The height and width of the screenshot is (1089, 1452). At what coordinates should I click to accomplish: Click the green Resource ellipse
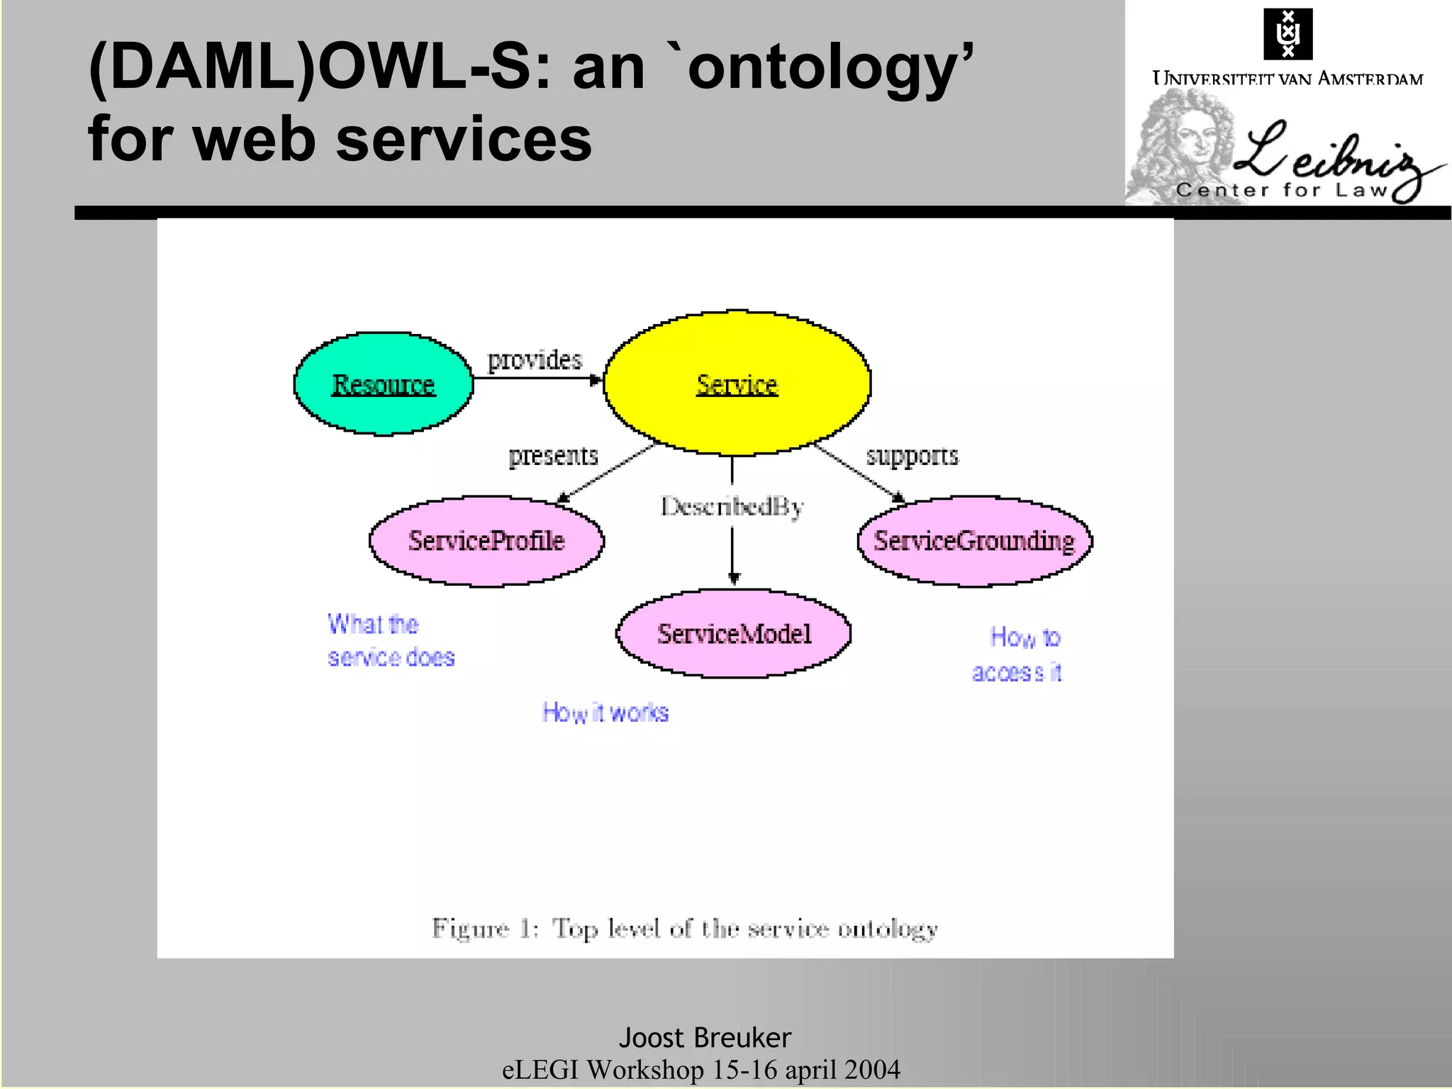point(383,384)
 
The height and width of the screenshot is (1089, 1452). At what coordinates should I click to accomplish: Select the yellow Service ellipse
point(737,384)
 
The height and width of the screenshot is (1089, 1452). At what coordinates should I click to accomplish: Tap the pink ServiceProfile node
point(486,541)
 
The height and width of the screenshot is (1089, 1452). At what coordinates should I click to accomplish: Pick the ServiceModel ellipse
point(734,633)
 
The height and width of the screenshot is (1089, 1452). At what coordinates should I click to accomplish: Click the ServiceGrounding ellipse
point(974,541)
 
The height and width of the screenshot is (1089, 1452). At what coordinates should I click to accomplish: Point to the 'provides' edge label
point(535,360)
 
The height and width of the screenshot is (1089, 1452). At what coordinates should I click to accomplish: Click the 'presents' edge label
point(553,455)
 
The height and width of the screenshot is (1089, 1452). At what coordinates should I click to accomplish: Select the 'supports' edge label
point(912,455)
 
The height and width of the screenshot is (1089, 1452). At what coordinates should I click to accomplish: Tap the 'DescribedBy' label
point(732,506)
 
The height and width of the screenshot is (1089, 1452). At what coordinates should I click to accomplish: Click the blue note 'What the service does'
point(390,640)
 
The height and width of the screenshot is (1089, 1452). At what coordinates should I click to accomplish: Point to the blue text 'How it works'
point(605,712)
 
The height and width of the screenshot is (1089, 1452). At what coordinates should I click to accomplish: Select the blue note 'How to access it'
point(1018,654)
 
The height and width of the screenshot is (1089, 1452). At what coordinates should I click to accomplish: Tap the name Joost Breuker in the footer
point(705,1037)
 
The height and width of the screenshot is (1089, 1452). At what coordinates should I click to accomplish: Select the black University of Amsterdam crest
point(1288,33)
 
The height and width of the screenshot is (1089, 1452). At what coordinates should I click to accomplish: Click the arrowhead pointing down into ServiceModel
point(734,579)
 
